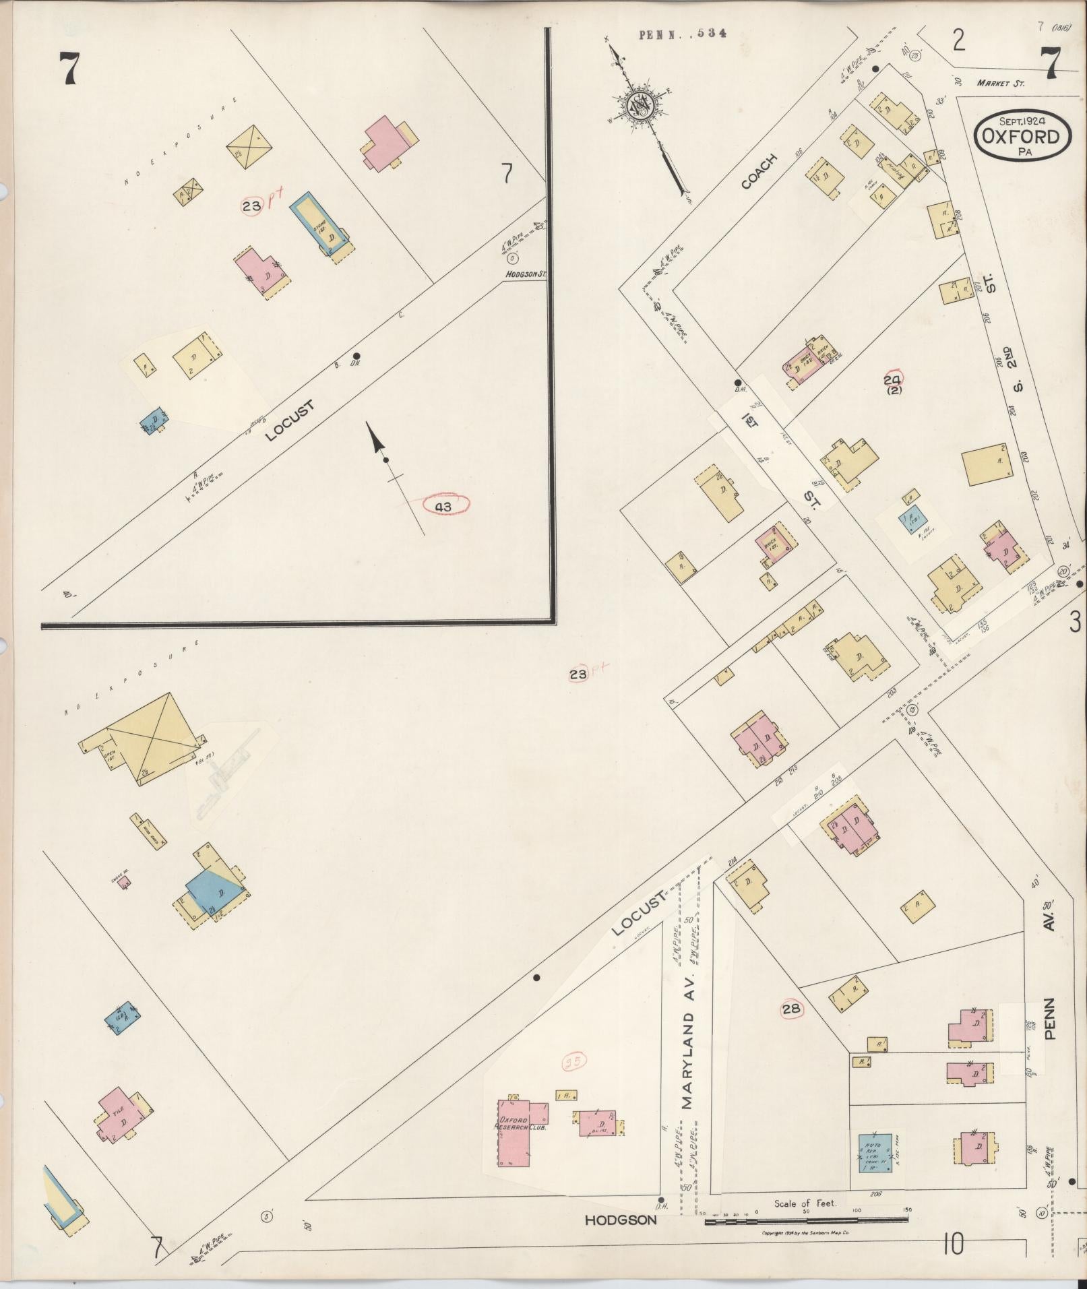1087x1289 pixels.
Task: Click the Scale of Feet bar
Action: (x=806, y=1220)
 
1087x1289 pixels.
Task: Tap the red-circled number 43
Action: (x=443, y=505)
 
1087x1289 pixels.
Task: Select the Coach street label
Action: (x=759, y=171)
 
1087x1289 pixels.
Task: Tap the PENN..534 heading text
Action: (x=682, y=34)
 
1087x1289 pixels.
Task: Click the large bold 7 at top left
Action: (x=69, y=69)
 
